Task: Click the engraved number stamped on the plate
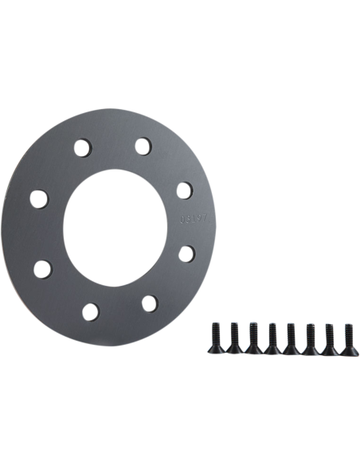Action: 190,217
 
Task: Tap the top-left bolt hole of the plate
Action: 82,148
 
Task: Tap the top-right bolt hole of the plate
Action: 141,147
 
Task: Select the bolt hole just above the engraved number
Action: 182,190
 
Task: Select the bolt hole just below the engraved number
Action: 185,252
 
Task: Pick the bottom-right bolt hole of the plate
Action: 148,301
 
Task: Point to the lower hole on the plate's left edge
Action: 39,265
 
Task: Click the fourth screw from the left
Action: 272,338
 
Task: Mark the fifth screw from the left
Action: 292,338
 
